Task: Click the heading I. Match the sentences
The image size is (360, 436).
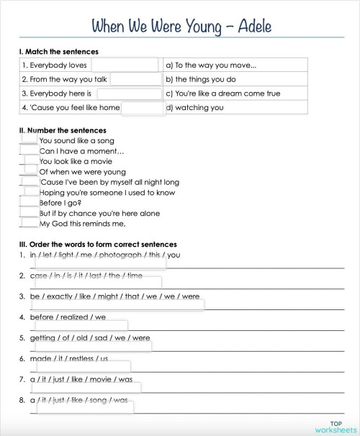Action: [x=59, y=52]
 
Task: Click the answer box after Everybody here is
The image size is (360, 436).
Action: [x=129, y=94]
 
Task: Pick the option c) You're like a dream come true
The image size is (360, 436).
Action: [x=222, y=94]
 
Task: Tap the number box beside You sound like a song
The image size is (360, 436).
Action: [x=29, y=140]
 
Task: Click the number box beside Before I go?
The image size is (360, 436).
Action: [x=29, y=203]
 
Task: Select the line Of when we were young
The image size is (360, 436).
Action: [x=73, y=173]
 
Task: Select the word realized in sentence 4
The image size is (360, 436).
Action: [x=73, y=317]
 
